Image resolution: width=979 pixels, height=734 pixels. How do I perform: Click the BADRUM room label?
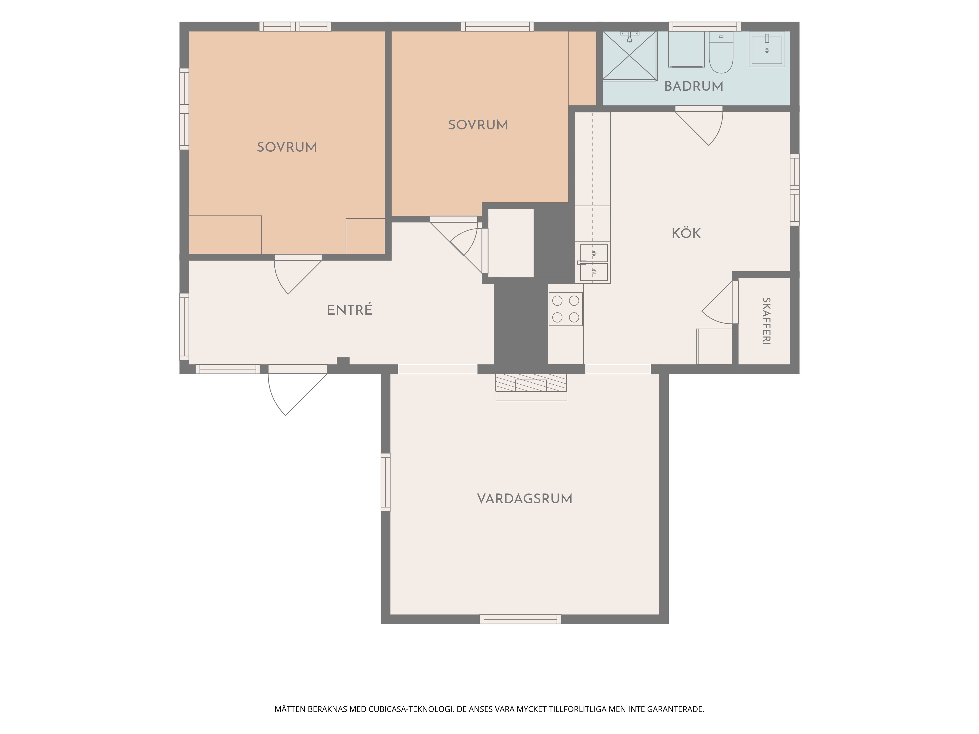[694, 86]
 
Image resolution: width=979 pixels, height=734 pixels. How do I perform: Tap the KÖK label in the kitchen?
[686, 233]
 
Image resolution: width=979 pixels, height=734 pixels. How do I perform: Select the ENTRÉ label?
[350, 310]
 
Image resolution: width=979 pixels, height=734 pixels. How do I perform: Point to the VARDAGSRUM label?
[524, 499]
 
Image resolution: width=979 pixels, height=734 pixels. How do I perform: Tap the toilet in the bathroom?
[721, 52]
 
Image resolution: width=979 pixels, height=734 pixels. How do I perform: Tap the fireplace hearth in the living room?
[531, 387]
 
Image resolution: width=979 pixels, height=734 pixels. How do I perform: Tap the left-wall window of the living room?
[385, 482]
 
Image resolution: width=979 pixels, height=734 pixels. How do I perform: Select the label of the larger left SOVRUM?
[287, 147]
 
